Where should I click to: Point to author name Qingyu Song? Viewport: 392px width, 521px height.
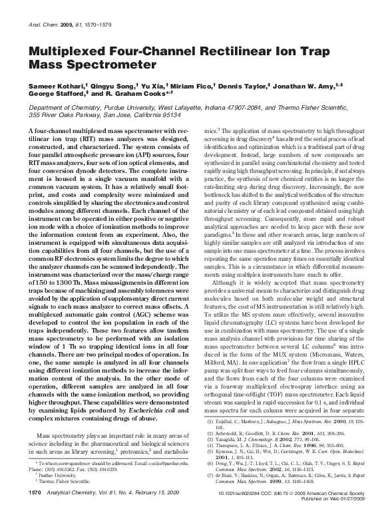109,87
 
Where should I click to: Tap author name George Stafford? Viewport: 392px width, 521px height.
55,96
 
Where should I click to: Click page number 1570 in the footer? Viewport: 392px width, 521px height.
32,510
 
